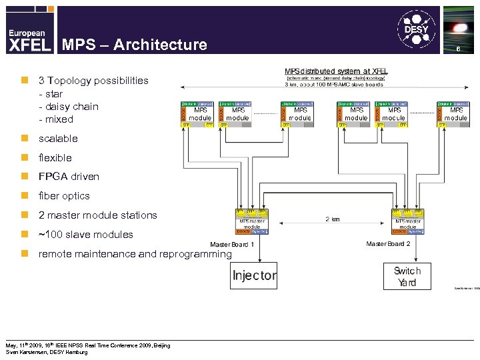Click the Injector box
coord(254,275)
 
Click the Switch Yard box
coord(407,276)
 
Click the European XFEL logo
coord(29,40)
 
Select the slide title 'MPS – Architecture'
coord(134,45)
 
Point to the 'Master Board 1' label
coord(232,244)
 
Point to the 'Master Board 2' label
coord(388,244)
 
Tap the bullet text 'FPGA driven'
coord(69,177)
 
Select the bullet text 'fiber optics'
coord(64,196)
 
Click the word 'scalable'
coord(58,139)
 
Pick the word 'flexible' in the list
coord(55,158)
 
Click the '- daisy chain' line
coord(69,107)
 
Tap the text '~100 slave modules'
coord(85,235)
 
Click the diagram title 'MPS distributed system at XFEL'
coord(336,71)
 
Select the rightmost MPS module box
coord(453,113)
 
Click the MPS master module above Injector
coord(251,221)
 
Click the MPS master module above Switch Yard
coord(407,221)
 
